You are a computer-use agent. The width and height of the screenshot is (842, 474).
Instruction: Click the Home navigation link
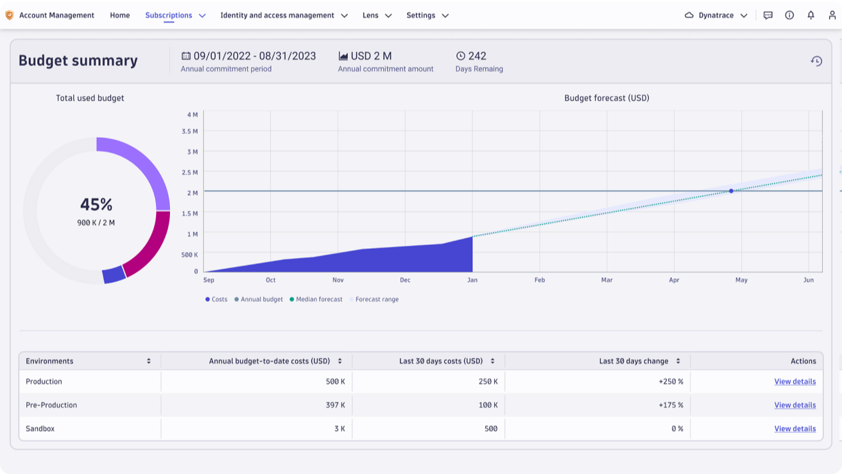tap(120, 15)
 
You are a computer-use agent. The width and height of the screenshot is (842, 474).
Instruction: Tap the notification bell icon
tap(811, 15)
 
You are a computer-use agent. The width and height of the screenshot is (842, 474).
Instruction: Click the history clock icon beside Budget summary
tap(816, 61)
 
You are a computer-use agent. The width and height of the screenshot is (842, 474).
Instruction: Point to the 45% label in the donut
tap(96, 205)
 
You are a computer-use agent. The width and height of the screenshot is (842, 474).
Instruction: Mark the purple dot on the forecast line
tap(731, 191)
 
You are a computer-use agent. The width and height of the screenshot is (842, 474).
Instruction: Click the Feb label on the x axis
tap(540, 280)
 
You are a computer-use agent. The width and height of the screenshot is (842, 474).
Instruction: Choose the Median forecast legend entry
tap(319, 300)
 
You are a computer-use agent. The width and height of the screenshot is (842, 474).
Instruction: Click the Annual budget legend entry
tap(261, 300)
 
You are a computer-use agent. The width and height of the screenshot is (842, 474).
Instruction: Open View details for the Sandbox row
tap(795, 428)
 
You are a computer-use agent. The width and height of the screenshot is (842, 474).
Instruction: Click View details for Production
tap(795, 382)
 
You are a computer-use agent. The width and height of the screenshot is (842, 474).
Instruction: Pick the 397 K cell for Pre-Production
tap(335, 405)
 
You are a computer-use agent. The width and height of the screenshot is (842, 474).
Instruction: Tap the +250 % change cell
tap(671, 382)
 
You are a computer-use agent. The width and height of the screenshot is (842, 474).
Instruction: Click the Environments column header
tap(50, 361)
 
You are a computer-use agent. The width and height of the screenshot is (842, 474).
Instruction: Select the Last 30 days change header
tap(634, 361)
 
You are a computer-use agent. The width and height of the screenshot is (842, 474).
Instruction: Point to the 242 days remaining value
tap(477, 56)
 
